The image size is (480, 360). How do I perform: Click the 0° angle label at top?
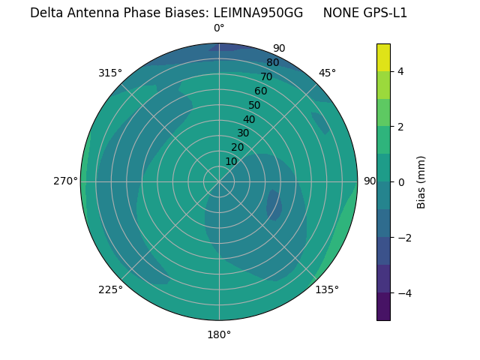pyautogui.click(x=219, y=28)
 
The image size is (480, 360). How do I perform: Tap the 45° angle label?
pyautogui.click(x=327, y=73)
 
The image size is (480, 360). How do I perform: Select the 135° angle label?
pyautogui.click(x=327, y=289)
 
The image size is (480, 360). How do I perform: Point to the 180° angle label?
pyautogui.click(x=219, y=334)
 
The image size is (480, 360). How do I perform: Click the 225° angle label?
pyautogui.click(x=110, y=289)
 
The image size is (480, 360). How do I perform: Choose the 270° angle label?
pyautogui.click(x=65, y=181)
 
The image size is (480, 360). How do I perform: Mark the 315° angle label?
pyautogui.click(x=110, y=73)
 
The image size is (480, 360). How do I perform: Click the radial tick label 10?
pyautogui.click(x=231, y=161)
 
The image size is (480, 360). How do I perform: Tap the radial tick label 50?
pyautogui.click(x=254, y=106)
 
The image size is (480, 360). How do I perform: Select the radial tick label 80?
pyautogui.click(x=272, y=63)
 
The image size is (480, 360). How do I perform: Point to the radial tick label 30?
pyautogui.click(x=243, y=133)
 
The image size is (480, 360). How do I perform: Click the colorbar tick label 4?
pyautogui.click(x=400, y=71)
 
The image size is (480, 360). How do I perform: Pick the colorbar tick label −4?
pyautogui.click(x=403, y=293)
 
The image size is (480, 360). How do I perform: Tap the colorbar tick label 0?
pyautogui.click(x=400, y=182)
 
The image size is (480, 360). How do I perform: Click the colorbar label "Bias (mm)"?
pyautogui.click(x=421, y=182)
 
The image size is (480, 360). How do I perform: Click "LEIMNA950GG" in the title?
pyautogui.click(x=259, y=13)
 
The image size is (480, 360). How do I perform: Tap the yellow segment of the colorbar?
pyautogui.click(x=383, y=58)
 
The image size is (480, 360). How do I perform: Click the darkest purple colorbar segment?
pyautogui.click(x=383, y=307)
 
